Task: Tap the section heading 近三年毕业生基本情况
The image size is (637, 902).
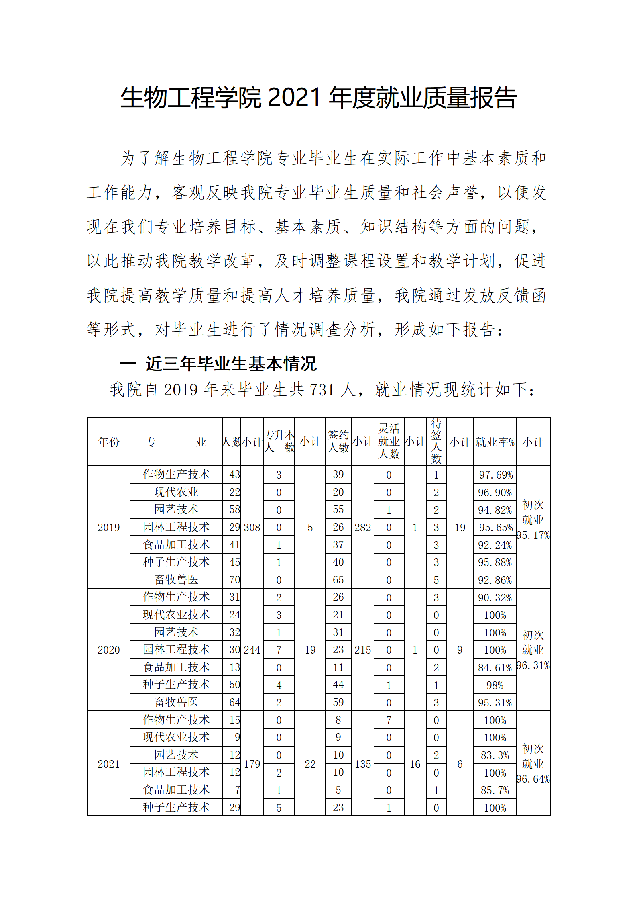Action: [231, 364]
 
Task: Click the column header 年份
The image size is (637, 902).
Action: [109, 442]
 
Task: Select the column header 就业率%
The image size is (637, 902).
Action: [495, 442]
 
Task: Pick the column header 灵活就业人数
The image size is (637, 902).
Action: [389, 441]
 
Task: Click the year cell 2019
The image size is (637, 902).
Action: [109, 527]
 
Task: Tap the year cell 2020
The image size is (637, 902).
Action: [109, 650]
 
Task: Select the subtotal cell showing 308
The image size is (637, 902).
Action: [252, 527]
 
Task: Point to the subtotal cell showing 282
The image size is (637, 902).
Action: [363, 527]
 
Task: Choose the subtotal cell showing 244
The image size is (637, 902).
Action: [252, 650]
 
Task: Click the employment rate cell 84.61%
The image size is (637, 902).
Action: [495, 668]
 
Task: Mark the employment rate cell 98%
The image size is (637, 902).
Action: [495, 685]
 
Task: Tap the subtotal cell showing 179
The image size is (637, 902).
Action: [252, 764]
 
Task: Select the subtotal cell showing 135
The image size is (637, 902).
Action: [363, 764]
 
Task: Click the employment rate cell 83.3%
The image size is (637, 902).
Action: [495, 755]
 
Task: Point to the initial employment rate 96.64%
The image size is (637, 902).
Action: [533, 779]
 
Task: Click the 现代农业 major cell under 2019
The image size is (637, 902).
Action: [176, 492]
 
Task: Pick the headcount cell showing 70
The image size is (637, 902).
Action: [234, 580]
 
